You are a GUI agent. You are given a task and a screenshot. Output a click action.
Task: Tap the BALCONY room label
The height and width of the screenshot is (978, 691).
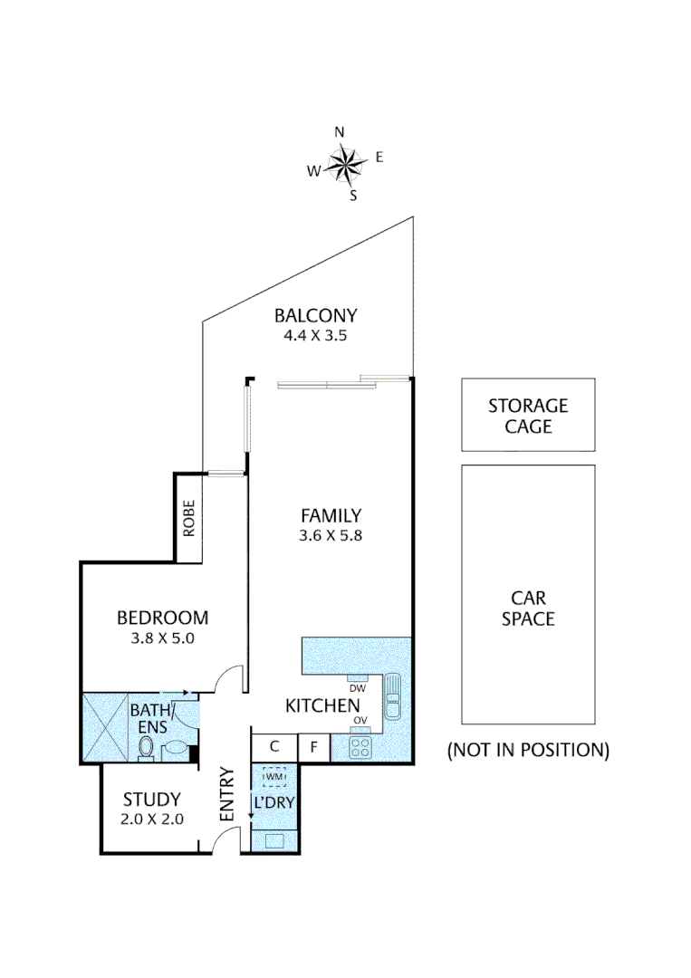click(316, 316)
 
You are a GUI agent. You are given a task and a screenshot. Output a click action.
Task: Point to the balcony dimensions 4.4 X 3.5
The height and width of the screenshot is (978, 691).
click(316, 335)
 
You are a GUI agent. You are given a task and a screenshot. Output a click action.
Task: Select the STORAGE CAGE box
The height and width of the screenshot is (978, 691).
click(528, 415)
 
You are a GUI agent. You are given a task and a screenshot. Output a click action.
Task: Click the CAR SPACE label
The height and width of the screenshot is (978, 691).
click(528, 609)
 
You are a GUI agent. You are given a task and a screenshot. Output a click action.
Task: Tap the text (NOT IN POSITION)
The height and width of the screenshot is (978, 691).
click(528, 750)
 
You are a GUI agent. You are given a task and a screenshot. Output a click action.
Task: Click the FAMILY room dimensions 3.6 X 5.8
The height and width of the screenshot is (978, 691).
click(331, 534)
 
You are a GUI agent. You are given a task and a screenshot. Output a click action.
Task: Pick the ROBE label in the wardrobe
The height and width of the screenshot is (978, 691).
click(188, 519)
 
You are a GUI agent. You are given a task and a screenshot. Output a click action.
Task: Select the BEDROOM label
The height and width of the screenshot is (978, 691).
click(163, 618)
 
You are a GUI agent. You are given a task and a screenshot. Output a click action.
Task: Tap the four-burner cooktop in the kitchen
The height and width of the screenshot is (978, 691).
click(360, 748)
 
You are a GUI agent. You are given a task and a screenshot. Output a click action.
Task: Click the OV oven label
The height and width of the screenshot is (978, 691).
click(360, 721)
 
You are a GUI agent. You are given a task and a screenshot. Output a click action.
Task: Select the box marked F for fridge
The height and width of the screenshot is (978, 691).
click(313, 747)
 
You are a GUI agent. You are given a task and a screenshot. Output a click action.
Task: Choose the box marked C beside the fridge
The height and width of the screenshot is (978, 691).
click(274, 747)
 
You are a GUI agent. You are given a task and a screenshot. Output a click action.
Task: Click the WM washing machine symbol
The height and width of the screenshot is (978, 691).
click(274, 776)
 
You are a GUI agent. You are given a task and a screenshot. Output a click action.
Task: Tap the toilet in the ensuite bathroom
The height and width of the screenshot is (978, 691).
click(146, 747)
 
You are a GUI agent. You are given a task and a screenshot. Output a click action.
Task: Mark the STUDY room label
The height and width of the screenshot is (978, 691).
click(153, 800)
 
